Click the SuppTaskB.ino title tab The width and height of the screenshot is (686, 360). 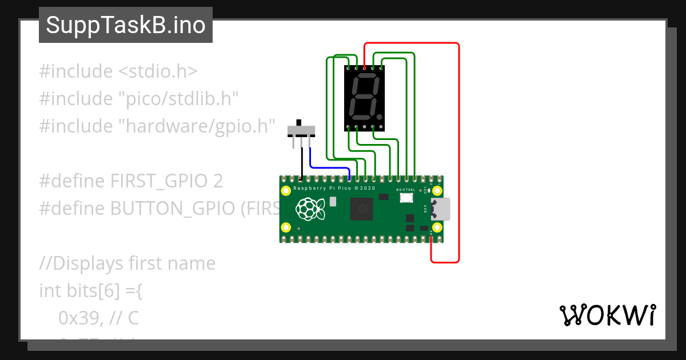[x=126, y=25]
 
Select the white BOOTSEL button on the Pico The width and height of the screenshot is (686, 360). [x=406, y=198]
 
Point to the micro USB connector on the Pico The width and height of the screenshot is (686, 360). [x=442, y=209]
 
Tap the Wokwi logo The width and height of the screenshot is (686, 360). [x=607, y=315]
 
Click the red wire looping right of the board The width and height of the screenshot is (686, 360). [x=458, y=154]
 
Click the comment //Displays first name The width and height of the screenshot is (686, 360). [x=127, y=263]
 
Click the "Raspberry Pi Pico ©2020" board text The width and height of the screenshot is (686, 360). [x=334, y=188]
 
